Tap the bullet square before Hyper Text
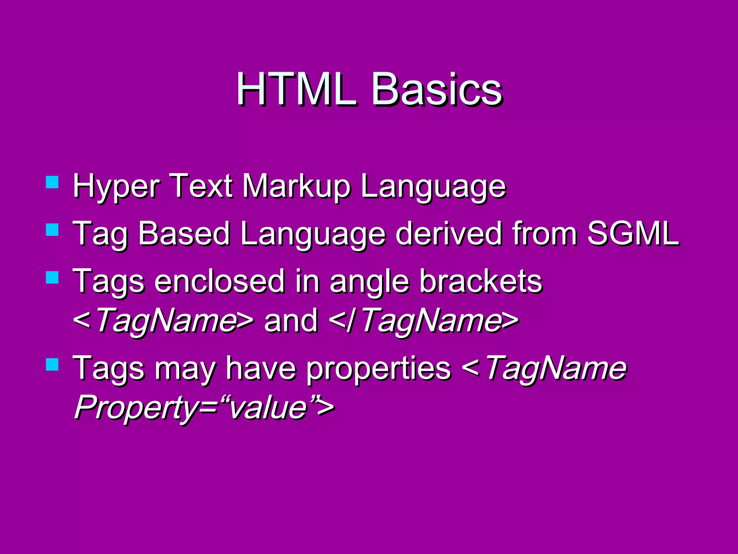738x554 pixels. (52, 182)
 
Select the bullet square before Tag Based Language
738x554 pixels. (52, 230)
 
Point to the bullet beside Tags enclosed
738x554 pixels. (52, 277)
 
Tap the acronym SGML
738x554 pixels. (633, 234)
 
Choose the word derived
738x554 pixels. (449, 234)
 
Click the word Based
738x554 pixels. (184, 234)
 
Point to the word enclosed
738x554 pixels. (220, 281)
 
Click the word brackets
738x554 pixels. (481, 281)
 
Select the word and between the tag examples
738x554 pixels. (291, 320)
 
